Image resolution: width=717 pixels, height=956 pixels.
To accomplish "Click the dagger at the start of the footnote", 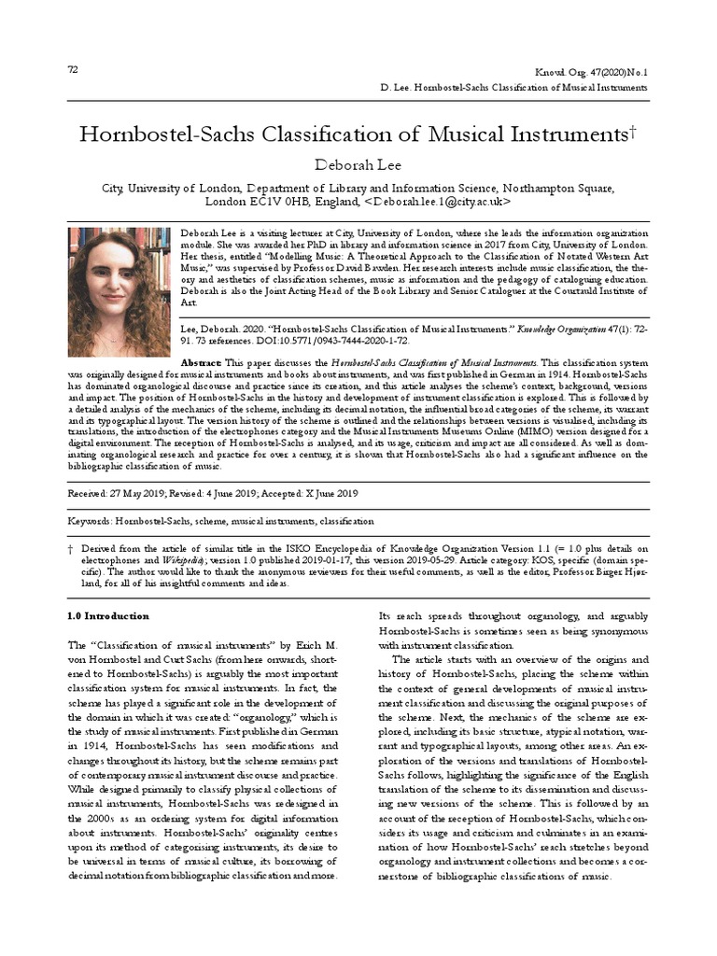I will [x=71, y=548].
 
